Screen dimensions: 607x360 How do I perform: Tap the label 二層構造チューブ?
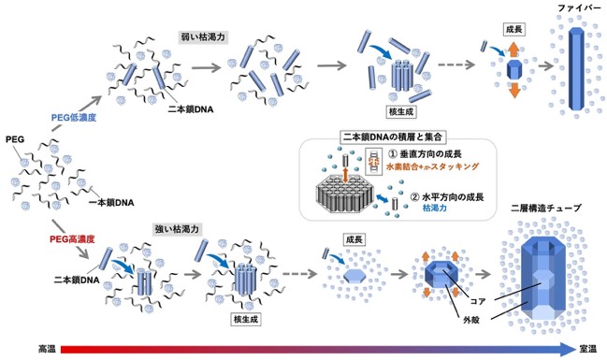click(546, 208)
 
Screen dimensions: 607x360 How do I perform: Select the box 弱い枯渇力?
click(203, 37)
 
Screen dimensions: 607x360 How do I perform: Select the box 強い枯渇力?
click(177, 229)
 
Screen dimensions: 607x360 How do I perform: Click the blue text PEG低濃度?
click(74, 117)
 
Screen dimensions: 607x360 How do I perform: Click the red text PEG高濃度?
click(72, 239)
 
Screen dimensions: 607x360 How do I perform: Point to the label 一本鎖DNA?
click(111, 203)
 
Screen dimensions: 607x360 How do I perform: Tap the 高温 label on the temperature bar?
click(47, 349)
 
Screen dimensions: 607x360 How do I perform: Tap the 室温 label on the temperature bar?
click(588, 349)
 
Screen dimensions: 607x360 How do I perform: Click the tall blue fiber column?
click(575, 70)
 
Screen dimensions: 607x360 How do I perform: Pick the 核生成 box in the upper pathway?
click(401, 112)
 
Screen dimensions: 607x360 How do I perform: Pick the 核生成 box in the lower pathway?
click(246, 320)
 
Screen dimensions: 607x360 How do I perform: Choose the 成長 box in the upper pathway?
click(514, 29)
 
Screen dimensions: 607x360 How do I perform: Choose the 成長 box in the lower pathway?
click(354, 239)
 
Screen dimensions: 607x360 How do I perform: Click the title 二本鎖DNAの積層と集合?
click(393, 137)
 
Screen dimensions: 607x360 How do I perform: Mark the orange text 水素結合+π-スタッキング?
click(433, 166)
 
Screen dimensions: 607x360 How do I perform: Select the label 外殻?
click(471, 320)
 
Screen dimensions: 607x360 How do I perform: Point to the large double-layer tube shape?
click(542, 278)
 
